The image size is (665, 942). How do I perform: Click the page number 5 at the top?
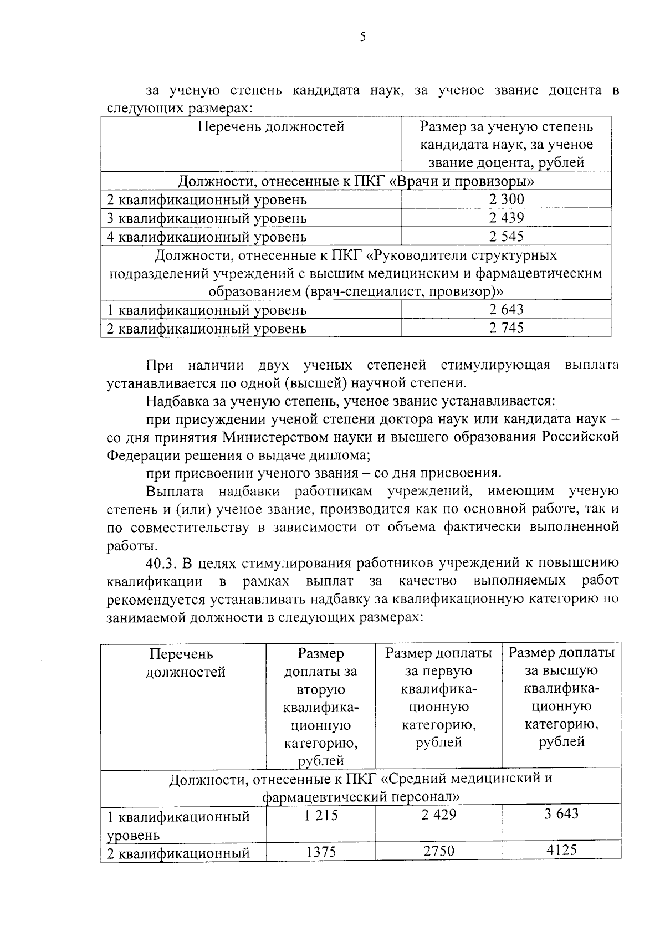(362, 37)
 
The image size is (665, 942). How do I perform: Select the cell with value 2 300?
(506, 199)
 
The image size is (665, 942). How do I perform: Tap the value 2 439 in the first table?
(506, 218)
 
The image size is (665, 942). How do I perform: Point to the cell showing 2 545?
(506, 237)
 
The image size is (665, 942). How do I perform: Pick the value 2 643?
(506, 309)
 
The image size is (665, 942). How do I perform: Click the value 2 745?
(506, 327)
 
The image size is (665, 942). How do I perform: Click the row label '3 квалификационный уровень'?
(206, 218)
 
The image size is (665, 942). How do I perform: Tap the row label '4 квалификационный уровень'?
(206, 237)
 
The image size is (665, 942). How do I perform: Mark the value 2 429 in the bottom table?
(438, 815)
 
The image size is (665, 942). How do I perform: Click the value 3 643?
(561, 813)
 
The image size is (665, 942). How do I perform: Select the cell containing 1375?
(321, 852)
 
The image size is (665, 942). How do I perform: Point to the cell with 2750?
(439, 851)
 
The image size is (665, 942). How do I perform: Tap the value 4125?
(561, 849)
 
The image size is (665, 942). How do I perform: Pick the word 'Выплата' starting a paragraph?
(175, 492)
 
